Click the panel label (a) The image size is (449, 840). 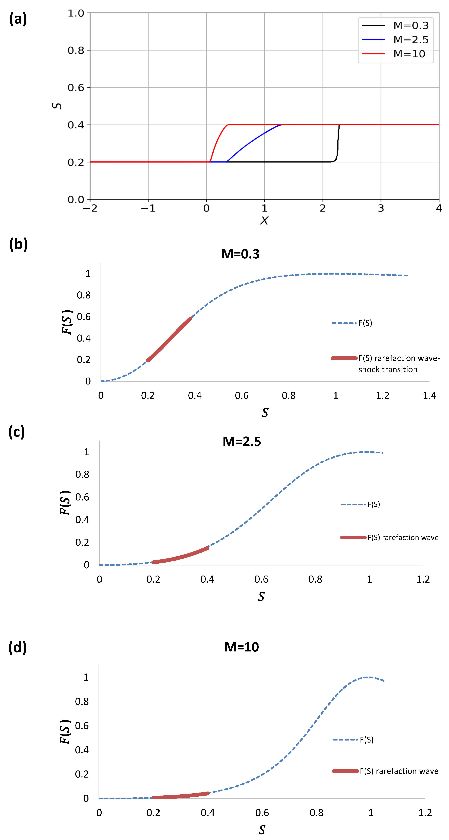[x=18, y=19]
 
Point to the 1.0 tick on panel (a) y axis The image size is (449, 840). [x=76, y=13]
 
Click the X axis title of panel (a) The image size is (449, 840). [x=264, y=221]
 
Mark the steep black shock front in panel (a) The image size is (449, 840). [x=338, y=143]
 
